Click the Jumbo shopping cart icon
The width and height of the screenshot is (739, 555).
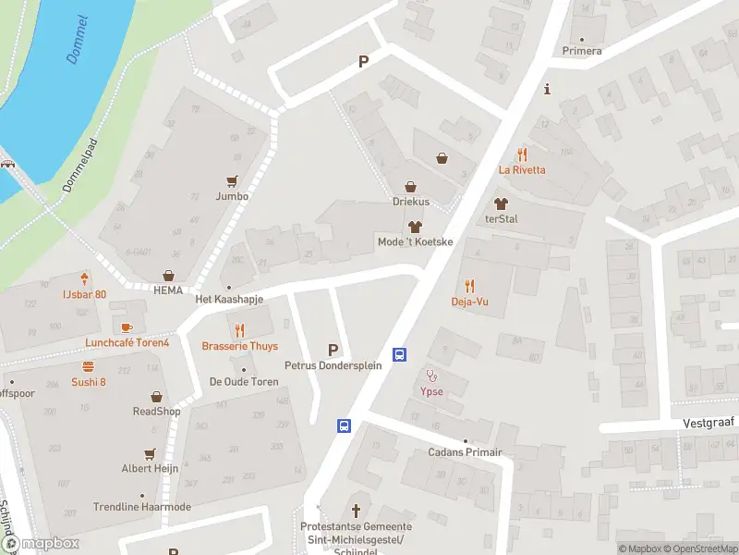point(233,180)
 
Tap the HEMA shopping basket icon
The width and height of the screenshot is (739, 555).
point(168,275)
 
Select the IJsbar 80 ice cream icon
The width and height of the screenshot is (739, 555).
point(85,278)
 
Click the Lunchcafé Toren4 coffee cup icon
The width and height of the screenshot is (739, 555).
point(127,327)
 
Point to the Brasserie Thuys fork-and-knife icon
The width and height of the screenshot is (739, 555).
point(240,330)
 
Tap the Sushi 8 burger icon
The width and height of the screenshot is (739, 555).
point(89,366)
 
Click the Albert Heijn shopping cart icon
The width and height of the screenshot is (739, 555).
point(150,453)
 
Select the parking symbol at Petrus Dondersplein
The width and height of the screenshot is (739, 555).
point(333,350)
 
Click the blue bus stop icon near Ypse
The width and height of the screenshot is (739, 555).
point(400,354)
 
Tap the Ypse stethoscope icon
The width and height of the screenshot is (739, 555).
point(430,376)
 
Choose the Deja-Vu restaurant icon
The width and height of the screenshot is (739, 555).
point(469,286)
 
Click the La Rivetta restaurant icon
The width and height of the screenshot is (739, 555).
point(522,154)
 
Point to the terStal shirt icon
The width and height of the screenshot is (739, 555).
point(502,203)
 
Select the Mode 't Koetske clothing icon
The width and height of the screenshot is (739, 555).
point(415,226)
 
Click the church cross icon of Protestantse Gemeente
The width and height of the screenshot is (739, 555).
point(357,511)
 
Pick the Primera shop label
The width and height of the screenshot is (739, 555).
point(582,51)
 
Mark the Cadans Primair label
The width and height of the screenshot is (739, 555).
point(465,452)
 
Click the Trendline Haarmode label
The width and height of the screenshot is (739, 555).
point(141,507)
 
